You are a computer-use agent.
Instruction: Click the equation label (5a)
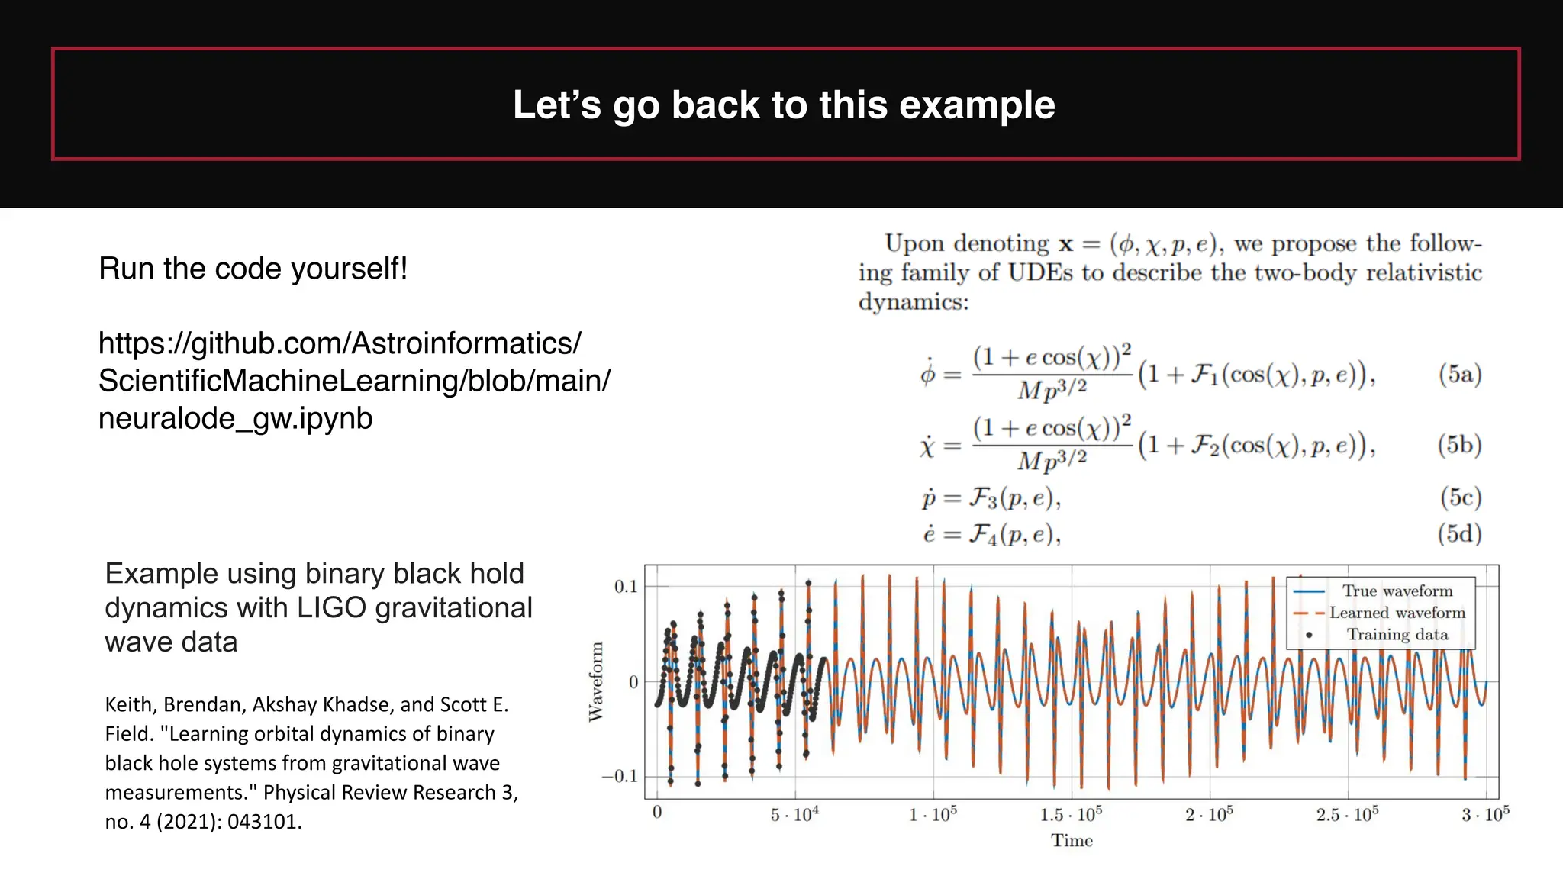tap(1459, 374)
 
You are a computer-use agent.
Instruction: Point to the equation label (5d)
tap(1459, 533)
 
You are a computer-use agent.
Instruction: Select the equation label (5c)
tap(1460, 497)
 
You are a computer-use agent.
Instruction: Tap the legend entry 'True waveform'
tap(1397, 591)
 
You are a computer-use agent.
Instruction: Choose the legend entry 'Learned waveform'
tap(1397, 613)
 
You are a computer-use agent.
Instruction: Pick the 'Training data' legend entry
tap(1397, 635)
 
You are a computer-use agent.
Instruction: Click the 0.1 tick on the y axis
tap(625, 587)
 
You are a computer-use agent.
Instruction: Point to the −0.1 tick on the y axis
tap(620, 777)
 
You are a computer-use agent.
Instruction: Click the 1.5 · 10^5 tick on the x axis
tap(1070, 815)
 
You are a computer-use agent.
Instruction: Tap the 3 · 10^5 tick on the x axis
tap(1484, 815)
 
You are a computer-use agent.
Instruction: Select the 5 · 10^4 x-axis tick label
tap(794, 815)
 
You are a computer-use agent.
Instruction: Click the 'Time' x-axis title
tap(1072, 841)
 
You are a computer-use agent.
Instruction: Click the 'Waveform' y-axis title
tap(596, 681)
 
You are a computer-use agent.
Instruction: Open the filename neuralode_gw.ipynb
tap(235, 418)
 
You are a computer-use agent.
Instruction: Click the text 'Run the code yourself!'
tap(253, 269)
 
